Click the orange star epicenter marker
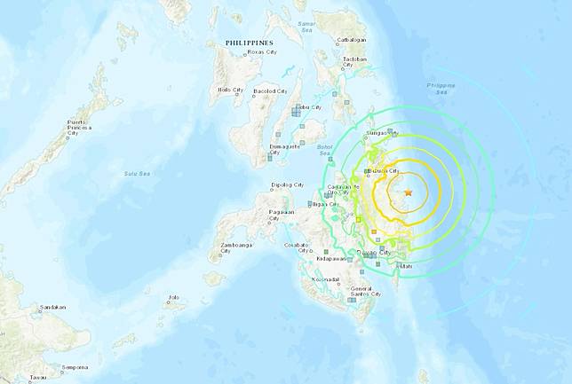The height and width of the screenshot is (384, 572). point(409,192)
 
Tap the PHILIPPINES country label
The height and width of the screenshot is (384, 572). point(249,43)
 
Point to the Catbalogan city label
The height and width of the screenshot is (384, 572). point(353,39)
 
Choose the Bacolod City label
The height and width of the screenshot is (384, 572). point(270,90)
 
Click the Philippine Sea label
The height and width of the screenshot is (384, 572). point(440,88)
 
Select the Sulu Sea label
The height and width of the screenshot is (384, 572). point(136,173)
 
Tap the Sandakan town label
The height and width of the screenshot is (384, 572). point(52,308)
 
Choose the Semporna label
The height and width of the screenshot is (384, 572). point(75,367)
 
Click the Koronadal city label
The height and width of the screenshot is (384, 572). point(327,279)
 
